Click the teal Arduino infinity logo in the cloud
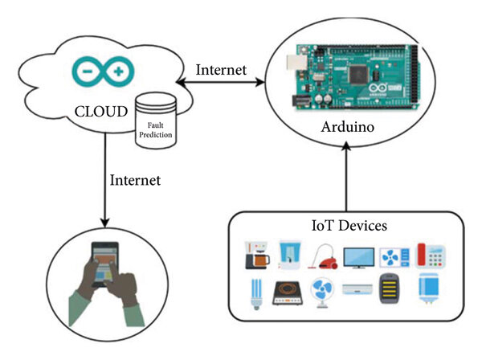click(x=104, y=72)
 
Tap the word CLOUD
click(x=101, y=111)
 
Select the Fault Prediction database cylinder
click(x=156, y=121)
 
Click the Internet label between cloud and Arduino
click(x=221, y=70)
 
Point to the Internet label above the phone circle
click(x=135, y=180)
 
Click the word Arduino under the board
click(x=348, y=127)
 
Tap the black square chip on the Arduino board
click(x=359, y=74)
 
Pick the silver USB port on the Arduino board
click(x=296, y=63)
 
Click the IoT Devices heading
click(x=349, y=226)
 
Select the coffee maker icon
click(x=257, y=256)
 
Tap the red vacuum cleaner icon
click(x=324, y=256)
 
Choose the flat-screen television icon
click(x=359, y=258)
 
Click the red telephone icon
click(x=431, y=255)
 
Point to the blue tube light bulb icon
click(x=256, y=294)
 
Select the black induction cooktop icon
click(x=288, y=293)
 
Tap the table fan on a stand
click(x=322, y=292)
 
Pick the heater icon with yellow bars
click(x=389, y=288)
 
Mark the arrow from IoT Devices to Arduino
click(x=346, y=177)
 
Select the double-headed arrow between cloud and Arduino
click(x=220, y=82)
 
